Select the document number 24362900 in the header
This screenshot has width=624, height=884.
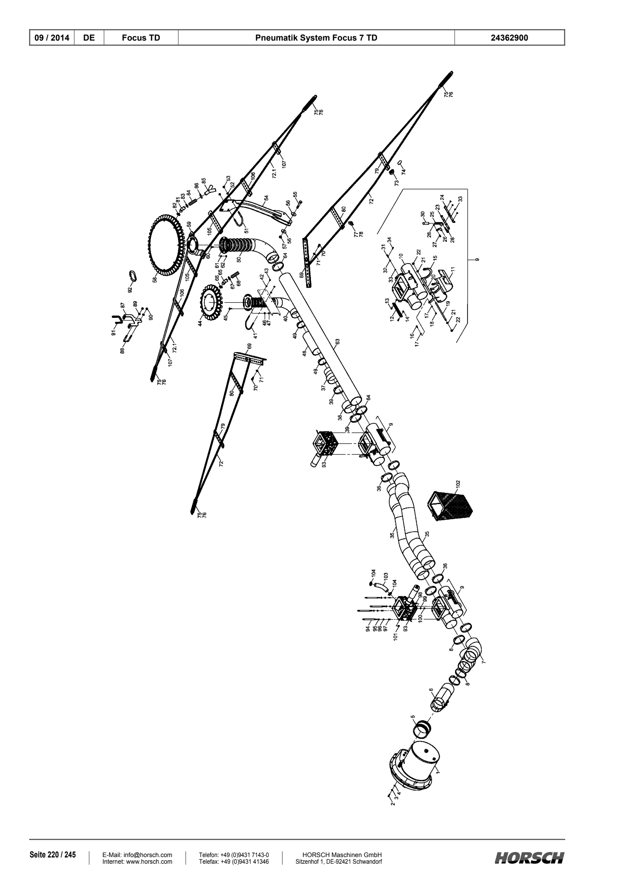pos(510,38)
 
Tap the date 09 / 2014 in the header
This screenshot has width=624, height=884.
pos(52,38)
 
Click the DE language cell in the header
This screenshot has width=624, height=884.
pos(89,38)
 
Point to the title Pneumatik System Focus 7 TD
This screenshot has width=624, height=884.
pos(316,38)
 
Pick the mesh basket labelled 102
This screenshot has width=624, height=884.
pos(451,508)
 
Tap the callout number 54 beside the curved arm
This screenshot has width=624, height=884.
pos(266,198)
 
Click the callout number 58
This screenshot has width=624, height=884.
pos(155,280)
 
